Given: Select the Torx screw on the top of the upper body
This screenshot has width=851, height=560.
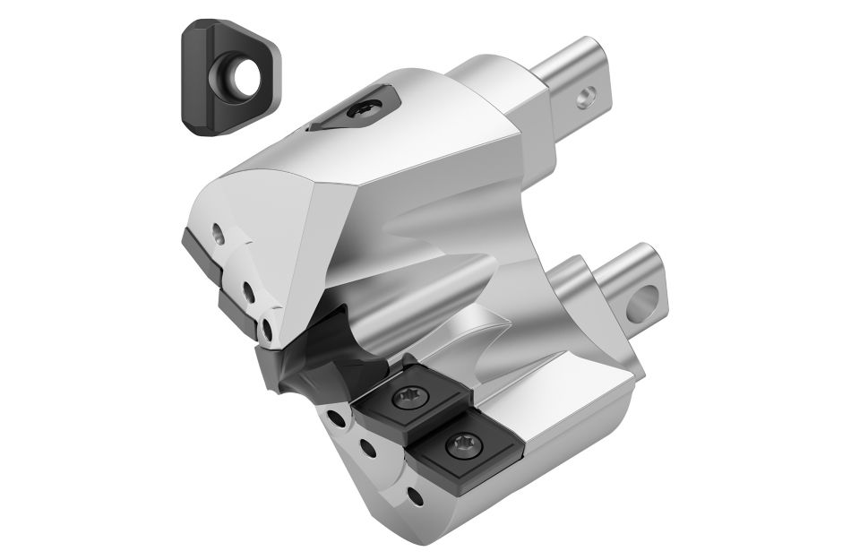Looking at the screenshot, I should pos(367,109).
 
